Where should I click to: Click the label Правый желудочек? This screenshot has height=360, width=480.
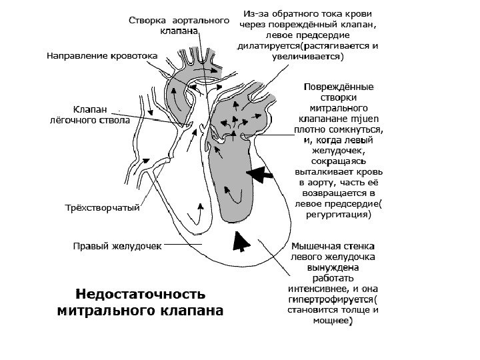(117, 246)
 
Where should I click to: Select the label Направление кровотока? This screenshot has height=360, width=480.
(101, 55)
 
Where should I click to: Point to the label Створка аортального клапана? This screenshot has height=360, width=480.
(174, 26)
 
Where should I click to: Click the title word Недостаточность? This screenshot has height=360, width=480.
(141, 294)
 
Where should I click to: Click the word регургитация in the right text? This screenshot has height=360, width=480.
(337, 215)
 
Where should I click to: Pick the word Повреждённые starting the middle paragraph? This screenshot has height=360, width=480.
(338, 86)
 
